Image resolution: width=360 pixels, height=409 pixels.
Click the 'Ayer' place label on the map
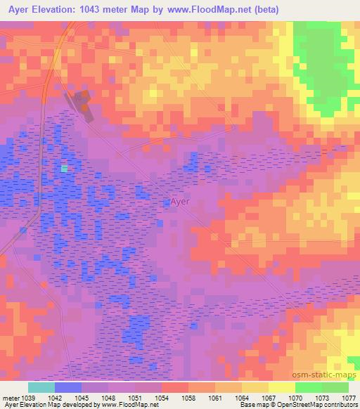180,201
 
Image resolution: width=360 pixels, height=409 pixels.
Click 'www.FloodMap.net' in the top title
209,10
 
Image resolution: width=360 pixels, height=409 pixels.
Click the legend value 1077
349,397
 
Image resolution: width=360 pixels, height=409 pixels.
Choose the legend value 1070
296,397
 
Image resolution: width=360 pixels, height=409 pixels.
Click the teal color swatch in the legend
41,387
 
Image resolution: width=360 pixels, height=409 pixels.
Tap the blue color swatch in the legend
68,387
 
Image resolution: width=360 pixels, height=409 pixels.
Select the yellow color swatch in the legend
282,387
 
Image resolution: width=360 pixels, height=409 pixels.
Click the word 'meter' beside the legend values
11,397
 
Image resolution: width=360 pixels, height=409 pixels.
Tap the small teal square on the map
65,169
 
